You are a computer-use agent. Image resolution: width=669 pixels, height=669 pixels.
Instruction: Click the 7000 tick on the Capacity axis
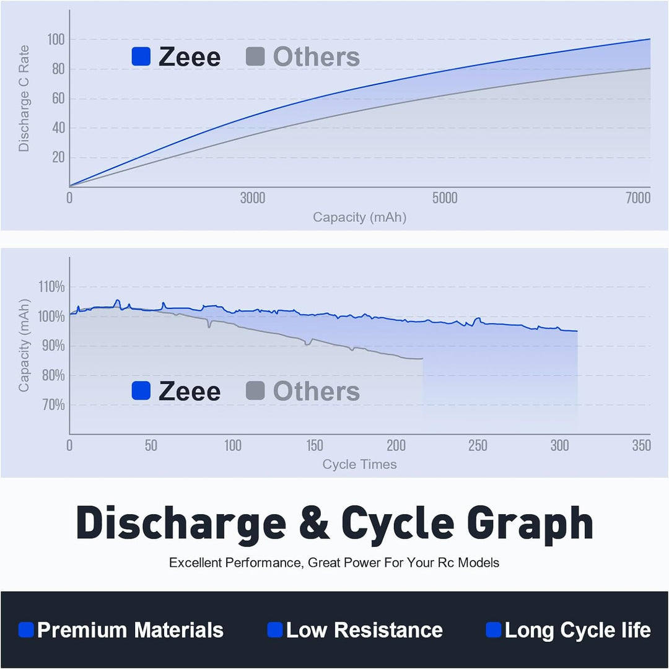tap(638, 198)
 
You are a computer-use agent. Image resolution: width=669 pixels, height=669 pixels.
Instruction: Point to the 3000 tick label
tap(252, 198)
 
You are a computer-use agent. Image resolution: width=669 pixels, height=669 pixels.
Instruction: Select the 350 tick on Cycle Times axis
tap(641, 445)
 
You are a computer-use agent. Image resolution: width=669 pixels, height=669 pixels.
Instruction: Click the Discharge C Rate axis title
tap(24, 98)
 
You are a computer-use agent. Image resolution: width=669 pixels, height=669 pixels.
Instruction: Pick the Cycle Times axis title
tap(359, 464)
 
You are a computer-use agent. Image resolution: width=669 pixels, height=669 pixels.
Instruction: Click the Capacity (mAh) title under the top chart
tap(359, 217)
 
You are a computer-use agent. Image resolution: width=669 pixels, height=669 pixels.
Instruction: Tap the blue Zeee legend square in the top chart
tap(141, 56)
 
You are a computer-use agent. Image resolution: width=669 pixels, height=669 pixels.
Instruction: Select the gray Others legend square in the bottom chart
tap(255, 391)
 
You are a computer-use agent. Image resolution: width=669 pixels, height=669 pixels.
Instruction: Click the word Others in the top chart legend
tap(316, 56)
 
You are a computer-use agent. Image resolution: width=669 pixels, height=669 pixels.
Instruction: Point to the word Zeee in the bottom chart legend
tap(190, 391)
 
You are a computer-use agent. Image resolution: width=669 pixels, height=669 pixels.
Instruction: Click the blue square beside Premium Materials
tap(26, 630)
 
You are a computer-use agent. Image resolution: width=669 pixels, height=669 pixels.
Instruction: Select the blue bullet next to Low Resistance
tap(274, 630)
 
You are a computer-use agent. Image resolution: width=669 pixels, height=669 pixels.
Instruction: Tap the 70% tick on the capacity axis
tap(53, 405)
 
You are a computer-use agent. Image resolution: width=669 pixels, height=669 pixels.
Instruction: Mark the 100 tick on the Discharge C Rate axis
tap(57, 40)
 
